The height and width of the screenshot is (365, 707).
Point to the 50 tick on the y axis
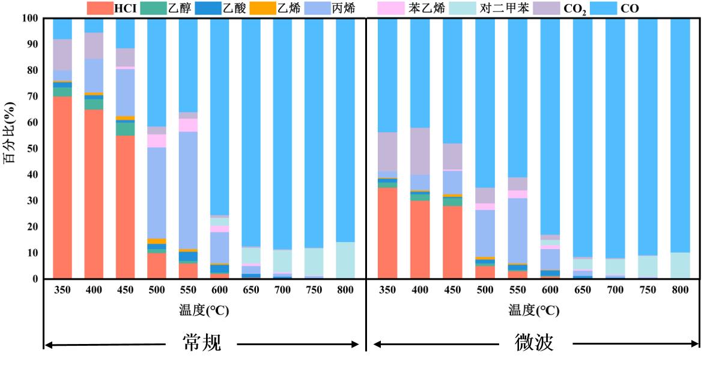point(31,149)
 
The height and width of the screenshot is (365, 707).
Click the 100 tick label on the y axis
point(28,19)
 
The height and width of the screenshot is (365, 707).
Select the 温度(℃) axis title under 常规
point(204,310)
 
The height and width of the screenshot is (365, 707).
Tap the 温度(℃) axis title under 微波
point(533,310)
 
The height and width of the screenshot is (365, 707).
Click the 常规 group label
point(202,343)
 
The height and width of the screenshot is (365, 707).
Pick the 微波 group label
point(534,343)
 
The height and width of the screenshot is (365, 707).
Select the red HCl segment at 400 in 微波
point(420,240)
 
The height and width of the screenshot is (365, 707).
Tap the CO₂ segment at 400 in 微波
point(420,151)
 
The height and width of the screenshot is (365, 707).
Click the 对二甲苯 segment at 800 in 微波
point(680,265)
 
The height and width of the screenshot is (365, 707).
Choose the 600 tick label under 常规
point(219,289)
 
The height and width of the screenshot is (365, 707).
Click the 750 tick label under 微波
point(648,289)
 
